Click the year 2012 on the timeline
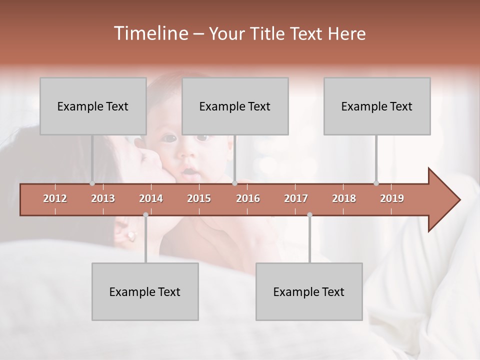tap(55, 198)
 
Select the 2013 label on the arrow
tap(103, 198)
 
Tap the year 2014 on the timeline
tap(151, 198)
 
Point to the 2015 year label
tap(199, 198)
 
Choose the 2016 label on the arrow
tap(248, 198)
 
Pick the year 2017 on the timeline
tap(296, 198)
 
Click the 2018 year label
tap(344, 198)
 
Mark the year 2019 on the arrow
tap(392, 198)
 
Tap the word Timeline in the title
tap(150, 33)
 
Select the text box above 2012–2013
tap(93, 106)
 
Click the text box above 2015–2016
tap(235, 106)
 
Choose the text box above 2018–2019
tap(377, 106)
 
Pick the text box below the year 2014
tap(145, 291)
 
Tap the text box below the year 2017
tap(309, 291)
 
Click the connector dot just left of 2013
tap(92, 183)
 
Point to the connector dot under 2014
tap(145, 214)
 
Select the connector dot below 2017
tap(309, 214)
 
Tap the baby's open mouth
tap(188, 172)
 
